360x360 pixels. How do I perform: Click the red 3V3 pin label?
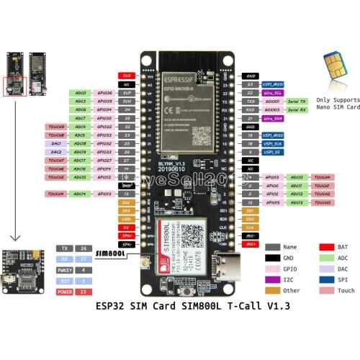[x=126, y=75]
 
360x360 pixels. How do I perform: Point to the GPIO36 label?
[x=104, y=93]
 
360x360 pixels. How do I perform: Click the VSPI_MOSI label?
[x=273, y=84]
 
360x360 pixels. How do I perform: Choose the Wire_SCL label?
[x=273, y=93]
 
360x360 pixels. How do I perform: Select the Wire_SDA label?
[x=273, y=118]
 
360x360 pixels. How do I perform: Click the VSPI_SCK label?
[x=273, y=143]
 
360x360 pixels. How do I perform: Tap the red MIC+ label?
[x=251, y=244]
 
